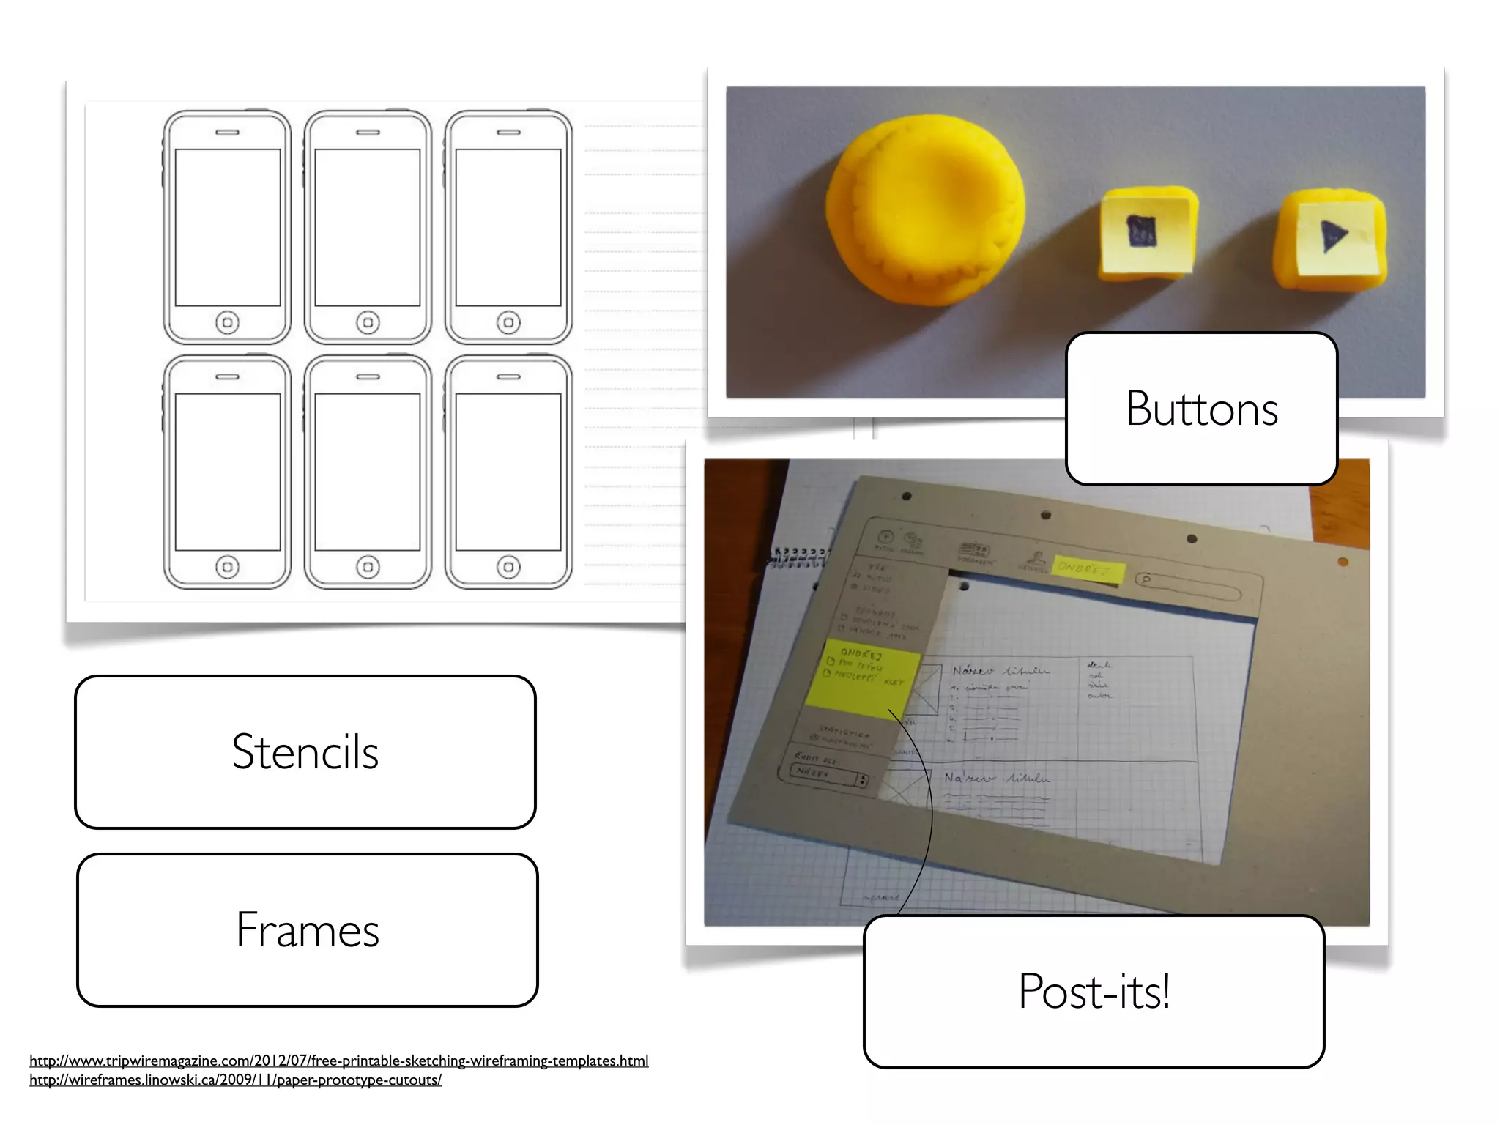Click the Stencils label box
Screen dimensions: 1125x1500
tap(305, 752)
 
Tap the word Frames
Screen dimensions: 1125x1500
tap(308, 930)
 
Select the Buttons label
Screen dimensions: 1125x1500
tap(1201, 409)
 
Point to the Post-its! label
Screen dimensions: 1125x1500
tap(1094, 991)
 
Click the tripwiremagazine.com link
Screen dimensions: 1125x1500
tap(338, 1061)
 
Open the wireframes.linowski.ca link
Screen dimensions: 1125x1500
tap(235, 1080)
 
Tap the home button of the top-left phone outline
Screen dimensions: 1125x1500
tap(227, 322)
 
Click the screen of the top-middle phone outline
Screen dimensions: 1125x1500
tap(368, 227)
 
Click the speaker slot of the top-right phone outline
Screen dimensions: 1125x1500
tap(508, 133)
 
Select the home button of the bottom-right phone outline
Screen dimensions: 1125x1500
tap(508, 567)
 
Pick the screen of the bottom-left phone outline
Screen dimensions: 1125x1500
tap(227, 472)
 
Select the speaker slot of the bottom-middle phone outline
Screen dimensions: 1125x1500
tap(368, 377)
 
